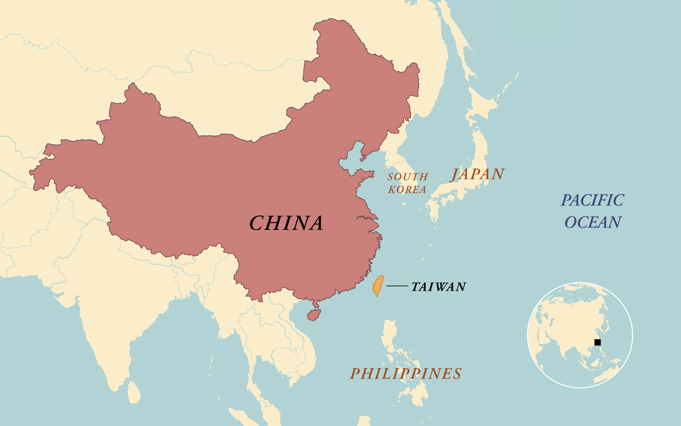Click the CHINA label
tap(286, 223)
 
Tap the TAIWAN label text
tap(438, 287)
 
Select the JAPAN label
tap(477, 174)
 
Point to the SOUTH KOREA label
tap(407, 183)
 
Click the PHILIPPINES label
tap(405, 374)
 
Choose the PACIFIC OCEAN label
tap(593, 211)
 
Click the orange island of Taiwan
tap(378, 286)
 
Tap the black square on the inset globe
tap(597, 342)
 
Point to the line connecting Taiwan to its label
tap(396, 286)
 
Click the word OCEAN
tap(593, 222)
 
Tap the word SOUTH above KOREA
tap(408, 177)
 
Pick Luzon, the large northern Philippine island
tap(391, 338)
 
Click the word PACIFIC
tap(593, 200)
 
